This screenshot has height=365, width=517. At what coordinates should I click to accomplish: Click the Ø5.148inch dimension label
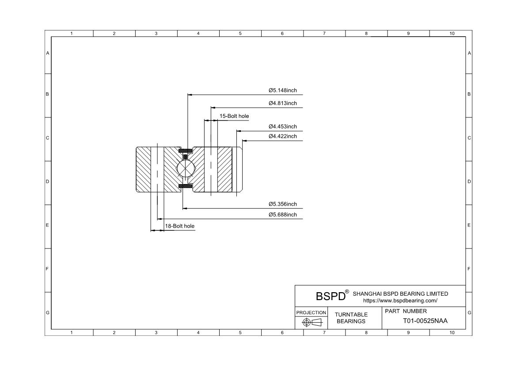tap(282, 90)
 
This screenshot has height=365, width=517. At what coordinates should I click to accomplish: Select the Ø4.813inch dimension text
tap(282, 103)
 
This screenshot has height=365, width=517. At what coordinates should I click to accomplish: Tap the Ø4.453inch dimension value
tap(282, 127)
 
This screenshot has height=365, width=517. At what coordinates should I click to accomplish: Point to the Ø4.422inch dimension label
tap(282, 136)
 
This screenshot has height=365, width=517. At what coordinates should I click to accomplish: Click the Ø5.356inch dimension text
tap(282, 204)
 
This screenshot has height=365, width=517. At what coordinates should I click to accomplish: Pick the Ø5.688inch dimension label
tap(282, 214)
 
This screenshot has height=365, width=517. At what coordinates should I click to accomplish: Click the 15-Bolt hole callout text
tap(234, 116)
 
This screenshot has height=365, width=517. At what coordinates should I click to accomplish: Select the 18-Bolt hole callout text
tap(180, 226)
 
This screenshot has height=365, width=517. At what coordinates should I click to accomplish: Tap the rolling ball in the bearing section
tap(185, 168)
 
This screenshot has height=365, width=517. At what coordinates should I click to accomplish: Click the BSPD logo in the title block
tap(331, 296)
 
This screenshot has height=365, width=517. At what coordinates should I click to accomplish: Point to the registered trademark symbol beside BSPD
tap(347, 292)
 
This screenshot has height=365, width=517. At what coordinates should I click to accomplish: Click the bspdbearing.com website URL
tap(400, 301)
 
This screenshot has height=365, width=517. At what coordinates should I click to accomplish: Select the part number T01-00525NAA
tap(426, 321)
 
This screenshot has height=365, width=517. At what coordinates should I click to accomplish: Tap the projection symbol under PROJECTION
tap(312, 322)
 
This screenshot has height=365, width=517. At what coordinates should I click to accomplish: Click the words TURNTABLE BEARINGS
tap(351, 318)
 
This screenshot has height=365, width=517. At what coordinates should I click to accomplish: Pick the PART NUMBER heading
tap(406, 311)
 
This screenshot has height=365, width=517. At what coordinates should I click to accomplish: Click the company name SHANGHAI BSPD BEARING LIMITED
tap(400, 294)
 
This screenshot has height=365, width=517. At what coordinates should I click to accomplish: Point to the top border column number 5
tap(240, 33)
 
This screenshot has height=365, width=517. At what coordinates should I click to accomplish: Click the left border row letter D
tap(47, 181)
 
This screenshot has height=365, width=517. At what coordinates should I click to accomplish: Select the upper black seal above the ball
tap(185, 151)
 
